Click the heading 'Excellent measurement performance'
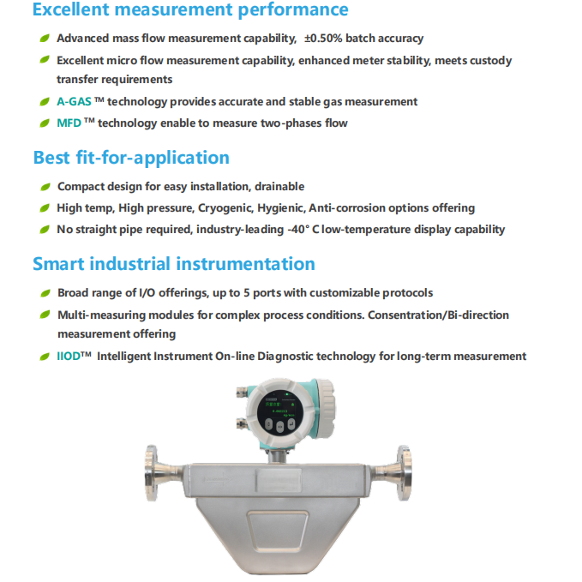pyautogui.click(x=190, y=9)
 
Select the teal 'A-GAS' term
pyautogui.click(x=74, y=101)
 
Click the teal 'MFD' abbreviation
pyautogui.click(x=69, y=123)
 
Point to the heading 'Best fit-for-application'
pyautogui.click(x=131, y=158)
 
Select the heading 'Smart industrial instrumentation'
pyautogui.click(x=174, y=264)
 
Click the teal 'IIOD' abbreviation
pyautogui.click(x=69, y=357)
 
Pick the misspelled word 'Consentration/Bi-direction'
pyautogui.click(x=438, y=315)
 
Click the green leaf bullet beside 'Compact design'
pyautogui.click(x=45, y=187)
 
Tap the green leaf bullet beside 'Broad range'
pyautogui.click(x=45, y=293)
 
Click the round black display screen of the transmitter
pyautogui.click(x=280, y=413)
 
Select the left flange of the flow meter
pyautogui.click(x=152, y=473)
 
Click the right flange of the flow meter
pyautogui.click(x=405, y=473)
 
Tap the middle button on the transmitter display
pyautogui.click(x=280, y=427)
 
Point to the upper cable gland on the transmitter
pyautogui.click(x=242, y=392)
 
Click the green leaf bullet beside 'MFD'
pyautogui.click(x=45, y=123)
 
